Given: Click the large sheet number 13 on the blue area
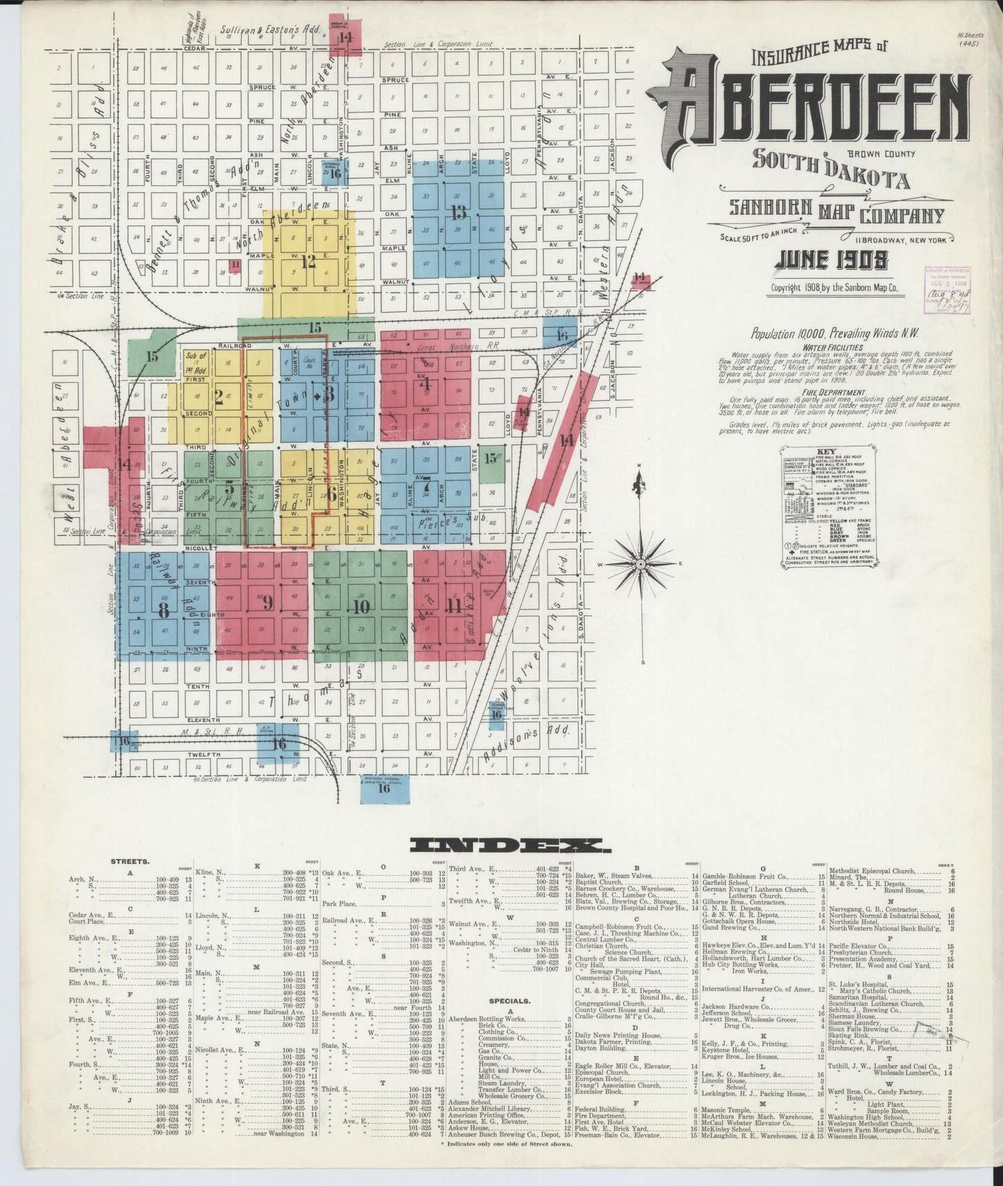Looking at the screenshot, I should [458, 212].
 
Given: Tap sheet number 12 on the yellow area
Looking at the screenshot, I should [308, 261].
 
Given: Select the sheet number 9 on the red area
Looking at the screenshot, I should [267, 602].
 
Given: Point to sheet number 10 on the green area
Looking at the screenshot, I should [361, 607].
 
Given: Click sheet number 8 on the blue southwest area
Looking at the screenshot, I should [164, 610].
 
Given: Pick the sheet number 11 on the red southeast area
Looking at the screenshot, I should [454, 606].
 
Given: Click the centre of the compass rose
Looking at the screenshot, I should [639, 565].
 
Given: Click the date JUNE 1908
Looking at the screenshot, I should [832, 260].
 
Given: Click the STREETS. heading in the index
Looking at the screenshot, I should [130, 861].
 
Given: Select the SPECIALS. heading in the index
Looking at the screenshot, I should [509, 1001].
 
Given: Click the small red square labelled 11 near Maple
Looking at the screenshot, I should [235, 264].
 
